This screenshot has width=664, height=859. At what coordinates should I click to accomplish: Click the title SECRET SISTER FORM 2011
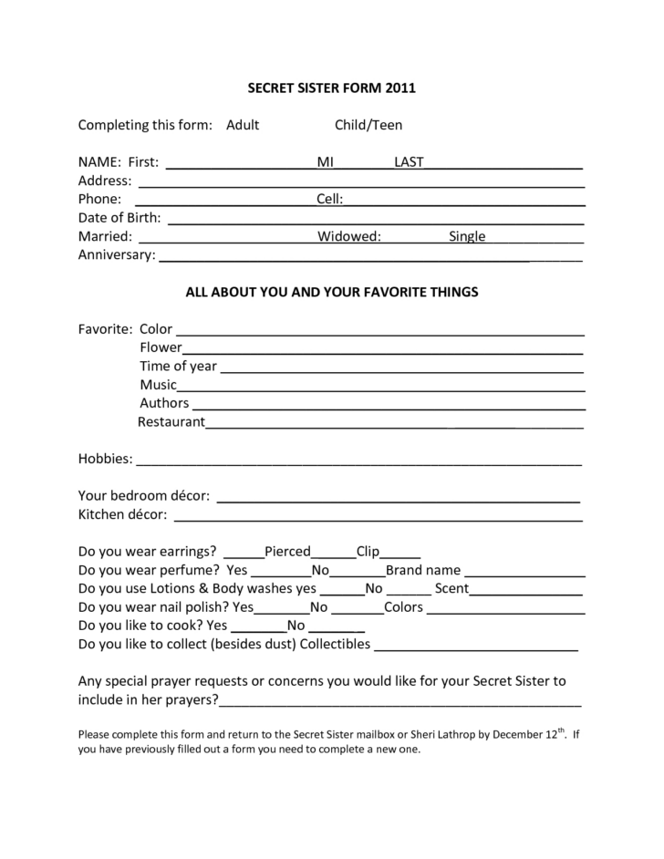[x=332, y=88]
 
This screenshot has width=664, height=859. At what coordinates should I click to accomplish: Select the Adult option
[x=243, y=125]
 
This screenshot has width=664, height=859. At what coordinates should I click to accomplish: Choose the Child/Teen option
[x=368, y=125]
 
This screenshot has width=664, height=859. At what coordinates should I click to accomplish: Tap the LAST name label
[x=409, y=162]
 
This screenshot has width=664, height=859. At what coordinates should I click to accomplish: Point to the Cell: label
[x=329, y=199]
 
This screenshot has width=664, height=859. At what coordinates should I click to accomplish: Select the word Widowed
[x=349, y=236]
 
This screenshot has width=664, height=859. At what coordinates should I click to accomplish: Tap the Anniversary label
[x=117, y=254]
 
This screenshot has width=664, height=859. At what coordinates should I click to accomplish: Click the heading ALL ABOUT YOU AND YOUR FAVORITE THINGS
[x=332, y=293]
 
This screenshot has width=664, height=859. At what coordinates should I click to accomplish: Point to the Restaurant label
[x=171, y=421]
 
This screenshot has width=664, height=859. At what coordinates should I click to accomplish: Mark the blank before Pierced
[x=244, y=554]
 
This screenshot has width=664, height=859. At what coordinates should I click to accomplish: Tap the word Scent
[x=451, y=588]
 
